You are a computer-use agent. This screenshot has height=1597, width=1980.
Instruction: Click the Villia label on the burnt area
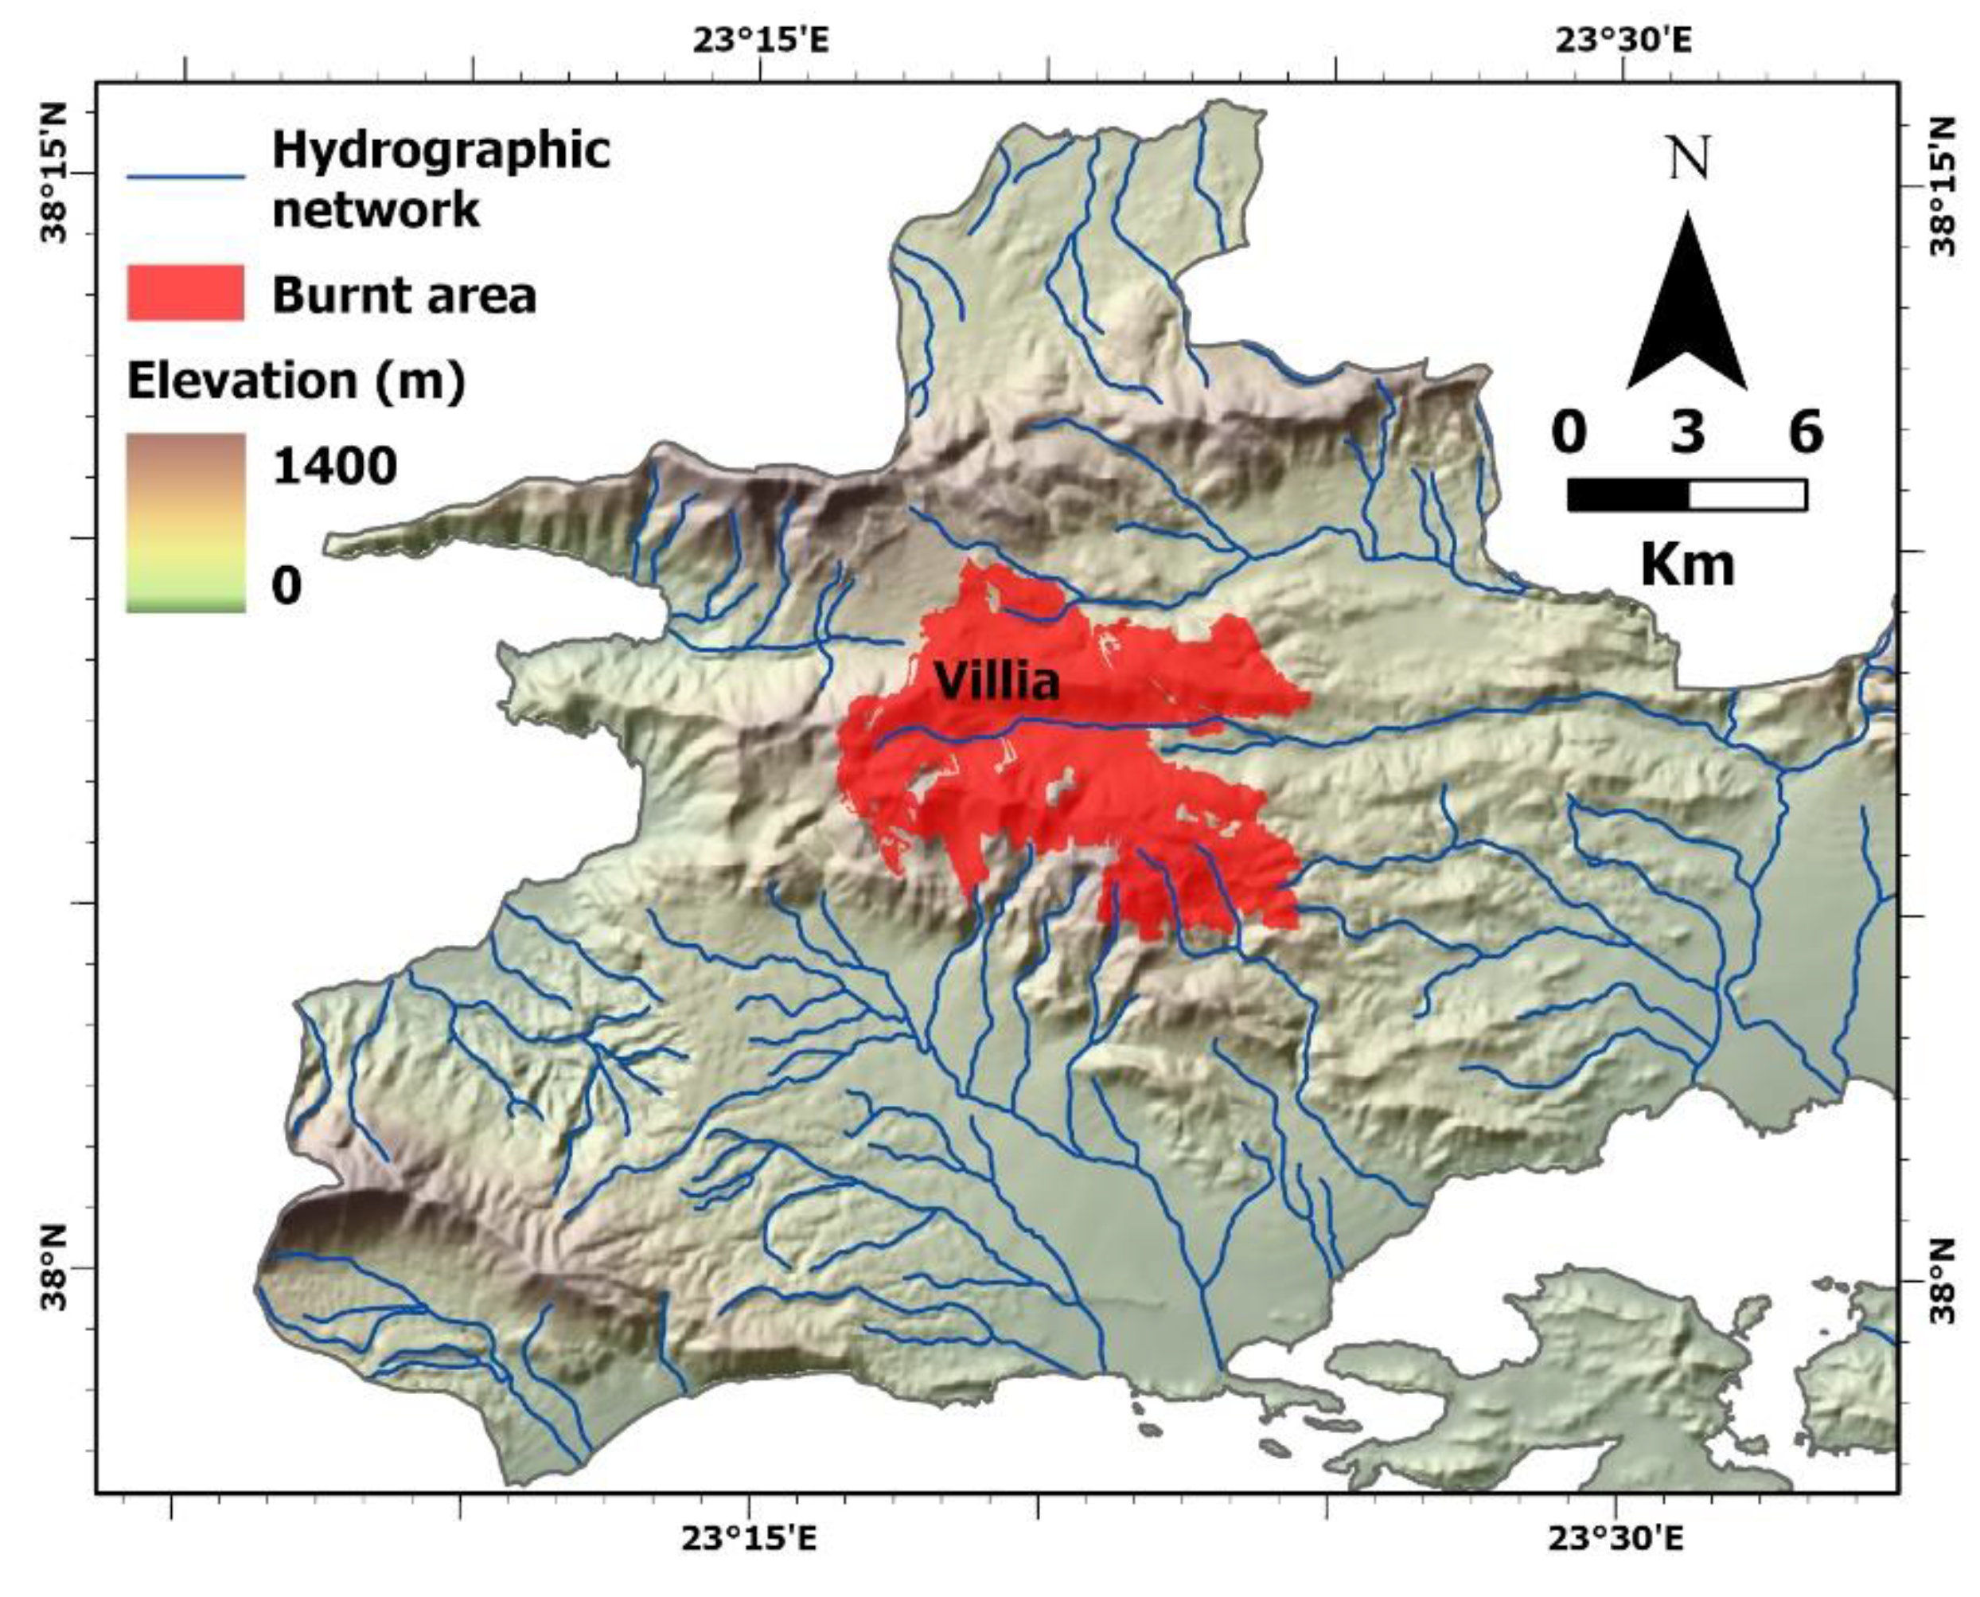[997, 682]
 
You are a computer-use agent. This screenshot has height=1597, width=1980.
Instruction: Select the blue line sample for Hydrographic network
[185, 176]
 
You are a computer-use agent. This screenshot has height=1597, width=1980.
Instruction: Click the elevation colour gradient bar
[185, 521]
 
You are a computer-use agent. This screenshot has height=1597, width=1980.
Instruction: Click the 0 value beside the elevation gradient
[287, 585]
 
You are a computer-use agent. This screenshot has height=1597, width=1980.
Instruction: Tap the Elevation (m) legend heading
[296, 380]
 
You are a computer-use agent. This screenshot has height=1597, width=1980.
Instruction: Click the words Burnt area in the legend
[403, 295]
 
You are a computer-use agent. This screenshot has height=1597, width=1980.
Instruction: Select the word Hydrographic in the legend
[442, 150]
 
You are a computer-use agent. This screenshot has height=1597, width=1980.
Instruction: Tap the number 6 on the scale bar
[1805, 431]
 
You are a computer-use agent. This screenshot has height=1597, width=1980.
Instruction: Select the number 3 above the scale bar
[1688, 431]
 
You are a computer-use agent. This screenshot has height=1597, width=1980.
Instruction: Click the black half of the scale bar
[1627, 495]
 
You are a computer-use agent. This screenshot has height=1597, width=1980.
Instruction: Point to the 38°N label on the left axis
[54, 1268]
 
